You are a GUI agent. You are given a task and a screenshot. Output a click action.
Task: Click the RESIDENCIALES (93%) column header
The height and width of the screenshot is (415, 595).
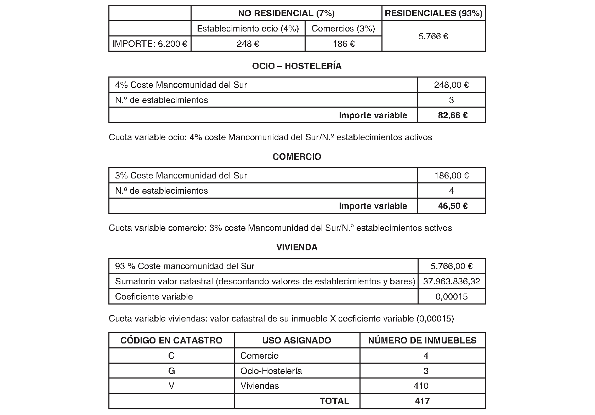pyautogui.click(x=433, y=13)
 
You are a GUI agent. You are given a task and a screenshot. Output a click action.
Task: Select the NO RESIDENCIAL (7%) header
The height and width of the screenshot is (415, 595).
pyautogui.click(x=286, y=13)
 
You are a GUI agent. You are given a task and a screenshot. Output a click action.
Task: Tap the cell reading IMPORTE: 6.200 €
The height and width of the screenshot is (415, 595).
pyautogui.click(x=150, y=44)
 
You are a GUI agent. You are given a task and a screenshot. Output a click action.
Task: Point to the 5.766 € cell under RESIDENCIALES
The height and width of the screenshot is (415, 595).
pyautogui.click(x=433, y=36)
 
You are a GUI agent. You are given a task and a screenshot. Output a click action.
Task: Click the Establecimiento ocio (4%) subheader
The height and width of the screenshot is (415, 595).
pyautogui.click(x=248, y=29)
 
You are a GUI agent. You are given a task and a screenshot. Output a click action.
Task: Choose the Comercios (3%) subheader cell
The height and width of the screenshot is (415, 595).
pyautogui.click(x=343, y=29)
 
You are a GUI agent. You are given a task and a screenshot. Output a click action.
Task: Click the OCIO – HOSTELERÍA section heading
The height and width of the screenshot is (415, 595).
pyautogui.click(x=297, y=66)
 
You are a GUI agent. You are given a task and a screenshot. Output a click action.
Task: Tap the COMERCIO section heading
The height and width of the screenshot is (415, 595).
pyautogui.click(x=297, y=157)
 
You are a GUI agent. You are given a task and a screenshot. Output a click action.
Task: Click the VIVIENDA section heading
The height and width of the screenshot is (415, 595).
pyautogui.click(x=297, y=248)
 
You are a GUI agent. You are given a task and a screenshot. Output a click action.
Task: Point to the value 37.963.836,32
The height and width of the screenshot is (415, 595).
pyautogui.click(x=452, y=282)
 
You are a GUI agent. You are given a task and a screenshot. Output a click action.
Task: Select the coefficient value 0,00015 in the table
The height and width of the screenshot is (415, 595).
pyautogui.click(x=452, y=297)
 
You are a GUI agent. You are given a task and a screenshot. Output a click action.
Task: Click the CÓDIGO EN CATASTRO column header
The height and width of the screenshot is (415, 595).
pyautogui.click(x=171, y=341)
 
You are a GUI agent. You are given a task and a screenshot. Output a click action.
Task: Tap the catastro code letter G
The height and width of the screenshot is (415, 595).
pyautogui.click(x=171, y=371)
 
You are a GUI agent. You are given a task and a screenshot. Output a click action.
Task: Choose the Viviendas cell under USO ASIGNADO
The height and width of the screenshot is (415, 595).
pyautogui.click(x=260, y=386)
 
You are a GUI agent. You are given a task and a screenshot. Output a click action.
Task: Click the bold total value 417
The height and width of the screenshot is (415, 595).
pyautogui.click(x=422, y=401)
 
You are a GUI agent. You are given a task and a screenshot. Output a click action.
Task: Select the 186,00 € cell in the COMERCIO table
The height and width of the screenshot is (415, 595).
pyautogui.click(x=452, y=176)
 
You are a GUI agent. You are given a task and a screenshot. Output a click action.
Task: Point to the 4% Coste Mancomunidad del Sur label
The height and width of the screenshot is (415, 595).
pyautogui.click(x=181, y=85)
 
